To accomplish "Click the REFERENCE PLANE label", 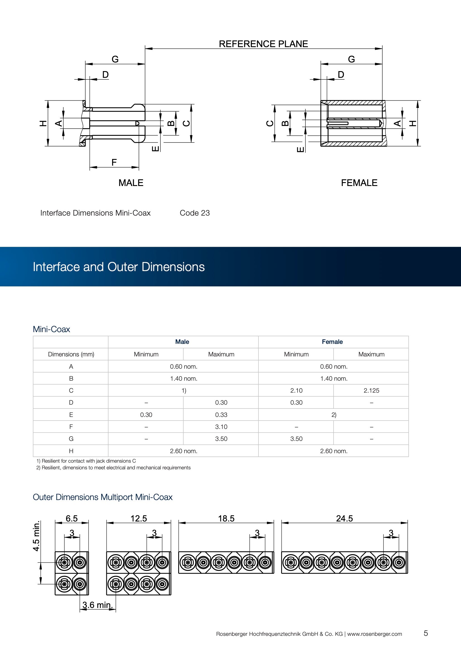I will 263,44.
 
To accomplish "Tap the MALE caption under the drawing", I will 131,183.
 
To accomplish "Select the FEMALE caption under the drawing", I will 359,183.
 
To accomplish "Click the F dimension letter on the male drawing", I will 114,162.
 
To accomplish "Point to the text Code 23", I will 195,213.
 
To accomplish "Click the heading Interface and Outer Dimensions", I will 119,267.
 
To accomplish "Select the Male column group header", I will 182,342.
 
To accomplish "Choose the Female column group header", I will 332,342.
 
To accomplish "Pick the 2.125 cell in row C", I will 371,391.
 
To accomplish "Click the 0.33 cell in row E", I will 221,415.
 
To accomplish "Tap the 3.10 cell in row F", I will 221,427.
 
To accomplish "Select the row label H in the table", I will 71,451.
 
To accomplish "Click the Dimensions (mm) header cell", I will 71,354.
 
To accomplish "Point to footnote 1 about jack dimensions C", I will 86,461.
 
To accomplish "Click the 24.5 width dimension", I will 344,518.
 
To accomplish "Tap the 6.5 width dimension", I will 72,518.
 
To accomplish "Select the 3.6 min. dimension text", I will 97,605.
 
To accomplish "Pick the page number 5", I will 426,633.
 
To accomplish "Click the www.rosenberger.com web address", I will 374,634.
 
